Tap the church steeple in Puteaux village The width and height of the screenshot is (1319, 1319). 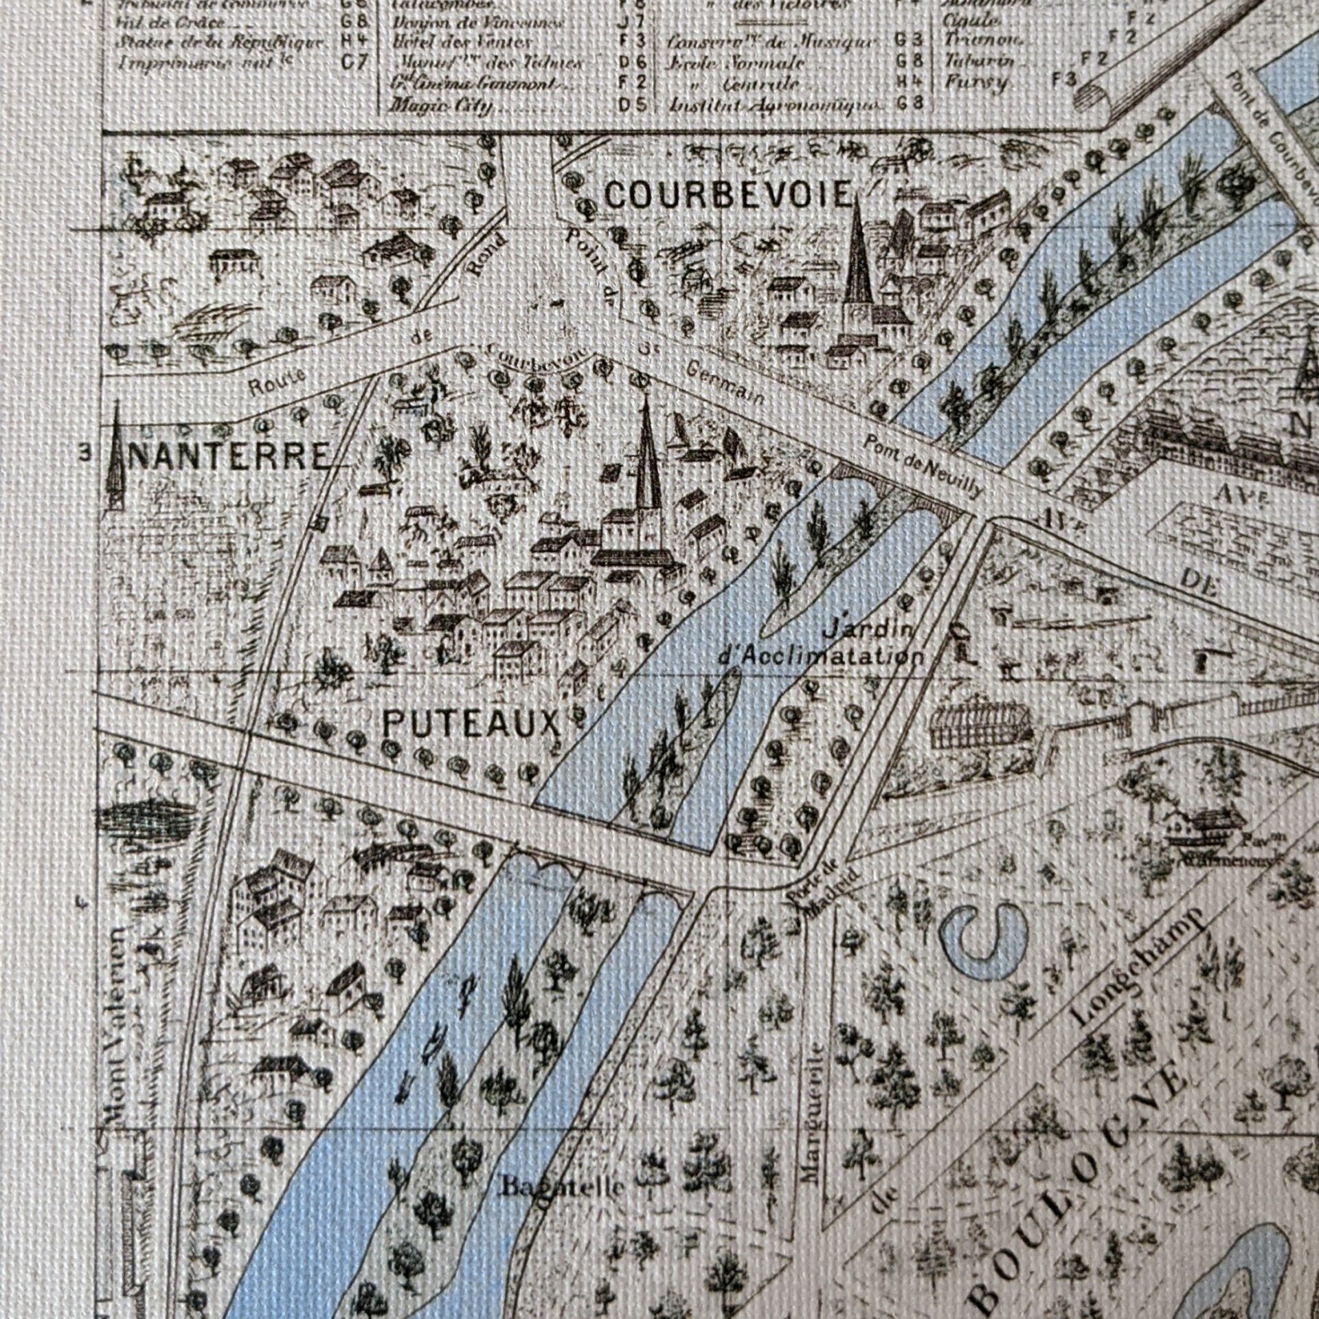point(646,460)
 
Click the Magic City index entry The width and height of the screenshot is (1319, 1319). point(440,106)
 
